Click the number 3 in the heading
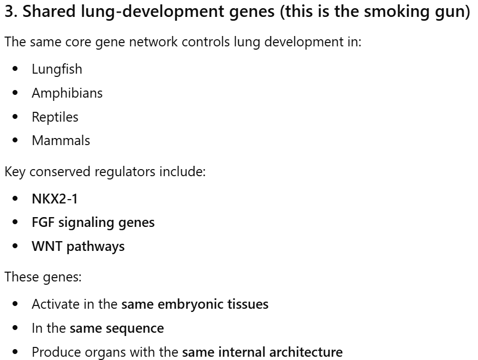click(x=10, y=13)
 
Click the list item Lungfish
click(x=57, y=69)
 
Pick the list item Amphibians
click(x=67, y=93)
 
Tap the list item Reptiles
click(x=55, y=117)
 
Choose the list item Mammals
click(x=61, y=141)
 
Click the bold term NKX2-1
click(x=55, y=199)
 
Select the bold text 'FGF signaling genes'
click(x=93, y=223)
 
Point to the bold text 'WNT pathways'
click(x=78, y=247)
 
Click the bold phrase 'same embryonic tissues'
click(x=195, y=304)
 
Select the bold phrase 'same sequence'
click(x=117, y=328)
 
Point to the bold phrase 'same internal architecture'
click(x=262, y=352)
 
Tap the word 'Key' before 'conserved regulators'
click(x=15, y=172)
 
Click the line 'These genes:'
click(x=43, y=277)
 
